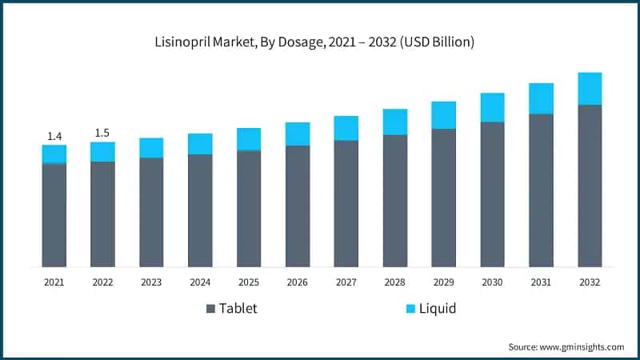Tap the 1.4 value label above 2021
click(54, 135)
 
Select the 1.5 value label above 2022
click(102, 132)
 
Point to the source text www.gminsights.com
click(566, 346)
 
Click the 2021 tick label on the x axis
click(54, 282)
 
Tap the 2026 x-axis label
click(298, 282)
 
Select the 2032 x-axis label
click(590, 282)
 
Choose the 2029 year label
click(443, 282)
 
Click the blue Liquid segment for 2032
click(590, 89)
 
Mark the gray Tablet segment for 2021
click(54, 214)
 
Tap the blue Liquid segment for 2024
click(200, 144)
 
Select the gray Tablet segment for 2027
click(346, 203)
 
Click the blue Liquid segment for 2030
click(492, 107)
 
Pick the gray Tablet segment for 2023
click(151, 212)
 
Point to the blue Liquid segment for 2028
click(395, 122)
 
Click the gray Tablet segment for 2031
click(541, 190)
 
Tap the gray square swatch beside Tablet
click(211, 309)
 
